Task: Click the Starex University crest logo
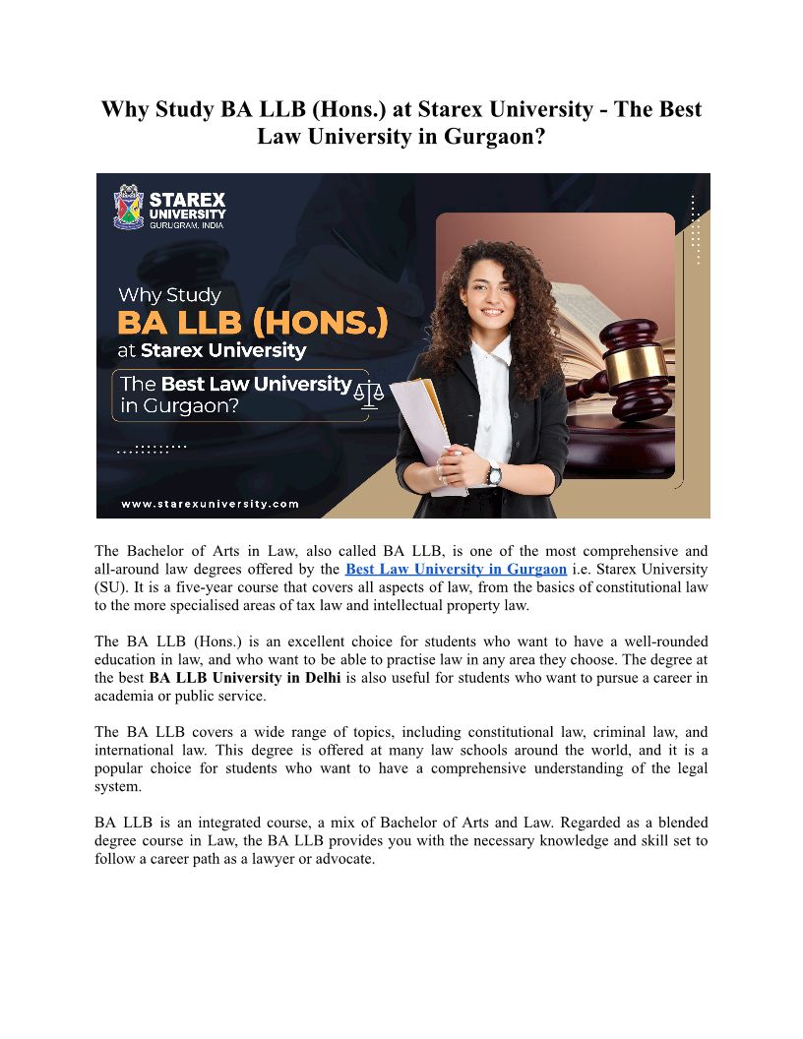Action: [129, 206]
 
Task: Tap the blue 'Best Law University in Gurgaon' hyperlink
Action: [456, 569]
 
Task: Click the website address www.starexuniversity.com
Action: [210, 503]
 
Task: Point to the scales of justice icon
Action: [369, 394]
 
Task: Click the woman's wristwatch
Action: [493, 473]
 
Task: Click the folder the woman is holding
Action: [422, 423]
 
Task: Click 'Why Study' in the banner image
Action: [169, 294]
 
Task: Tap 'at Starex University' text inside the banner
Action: [212, 350]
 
